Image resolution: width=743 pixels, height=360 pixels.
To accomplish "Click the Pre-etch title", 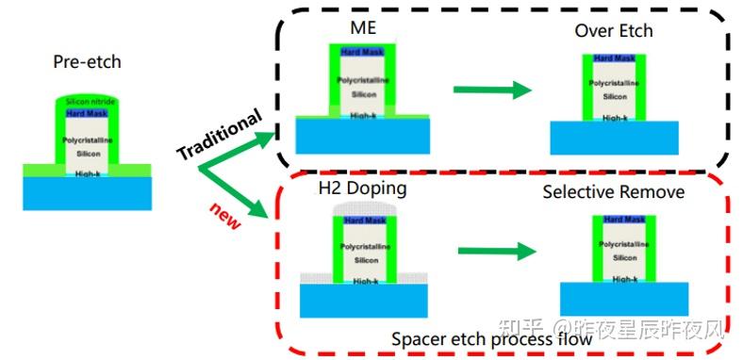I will pos(87,63).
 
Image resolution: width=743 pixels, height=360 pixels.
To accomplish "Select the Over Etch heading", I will pos(614,31).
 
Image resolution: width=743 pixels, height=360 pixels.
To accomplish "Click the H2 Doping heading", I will pos(363,188).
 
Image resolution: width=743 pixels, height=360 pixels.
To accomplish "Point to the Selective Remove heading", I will pos(614,192).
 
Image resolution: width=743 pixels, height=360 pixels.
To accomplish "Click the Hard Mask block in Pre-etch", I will pos(87,113).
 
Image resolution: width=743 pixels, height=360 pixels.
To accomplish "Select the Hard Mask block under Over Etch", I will pos(615,59).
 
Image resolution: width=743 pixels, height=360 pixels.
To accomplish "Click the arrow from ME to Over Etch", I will pos(489,90).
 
